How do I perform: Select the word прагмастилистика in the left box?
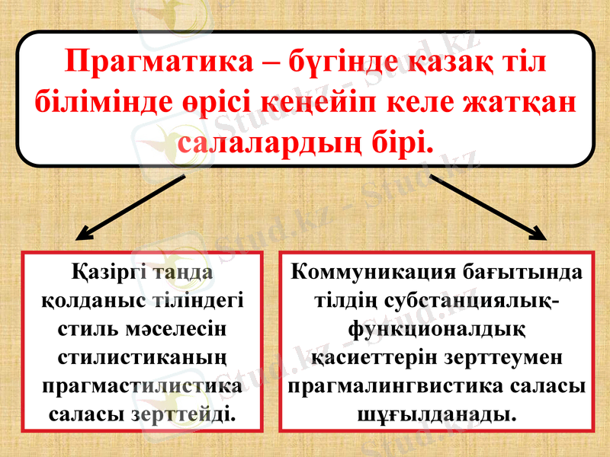pos(143,385)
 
